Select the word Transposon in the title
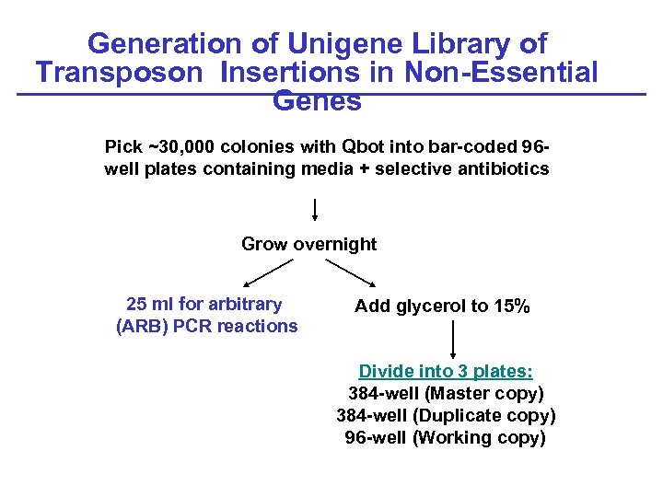point(118,72)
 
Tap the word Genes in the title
point(318,101)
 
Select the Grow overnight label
point(308,244)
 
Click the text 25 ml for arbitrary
point(204,304)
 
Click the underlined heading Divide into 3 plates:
point(446,371)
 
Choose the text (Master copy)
point(484,393)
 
